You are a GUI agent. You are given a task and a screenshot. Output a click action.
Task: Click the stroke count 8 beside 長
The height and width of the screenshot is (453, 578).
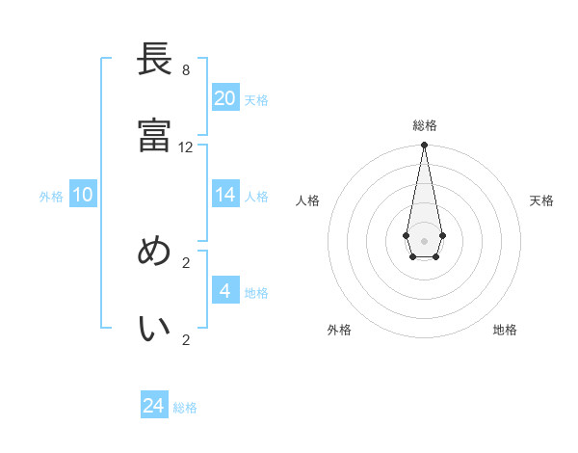click(185, 70)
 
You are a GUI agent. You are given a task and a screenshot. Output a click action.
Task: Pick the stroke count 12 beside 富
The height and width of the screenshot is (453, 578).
click(186, 147)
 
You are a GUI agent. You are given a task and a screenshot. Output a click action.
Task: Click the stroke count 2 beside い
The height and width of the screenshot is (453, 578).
click(186, 339)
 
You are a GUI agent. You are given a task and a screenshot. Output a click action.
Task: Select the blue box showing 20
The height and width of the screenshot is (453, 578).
click(225, 98)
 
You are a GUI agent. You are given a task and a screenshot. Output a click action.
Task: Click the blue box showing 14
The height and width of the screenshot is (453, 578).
click(225, 195)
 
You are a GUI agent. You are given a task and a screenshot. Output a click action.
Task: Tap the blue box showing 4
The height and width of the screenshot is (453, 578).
click(225, 291)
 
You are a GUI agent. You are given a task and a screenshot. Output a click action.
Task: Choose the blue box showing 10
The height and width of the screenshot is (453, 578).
click(83, 195)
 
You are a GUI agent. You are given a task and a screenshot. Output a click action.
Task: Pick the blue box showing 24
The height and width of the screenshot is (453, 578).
click(154, 406)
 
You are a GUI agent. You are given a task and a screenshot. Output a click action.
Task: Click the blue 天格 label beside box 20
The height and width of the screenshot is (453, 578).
click(256, 100)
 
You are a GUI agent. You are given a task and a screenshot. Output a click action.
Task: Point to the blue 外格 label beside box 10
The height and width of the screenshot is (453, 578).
click(51, 197)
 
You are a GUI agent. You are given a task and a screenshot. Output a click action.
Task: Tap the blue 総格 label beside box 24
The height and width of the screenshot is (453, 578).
click(185, 408)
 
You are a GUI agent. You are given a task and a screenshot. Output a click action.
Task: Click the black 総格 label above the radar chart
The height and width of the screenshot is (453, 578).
click(424, 125)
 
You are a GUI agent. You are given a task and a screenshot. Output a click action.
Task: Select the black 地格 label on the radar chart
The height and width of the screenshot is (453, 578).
click(505, 330)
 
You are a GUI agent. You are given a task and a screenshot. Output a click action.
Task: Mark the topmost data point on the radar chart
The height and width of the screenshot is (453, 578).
click(424, 146)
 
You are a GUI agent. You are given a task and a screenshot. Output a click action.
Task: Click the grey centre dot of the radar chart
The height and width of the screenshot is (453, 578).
click(424, 239)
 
